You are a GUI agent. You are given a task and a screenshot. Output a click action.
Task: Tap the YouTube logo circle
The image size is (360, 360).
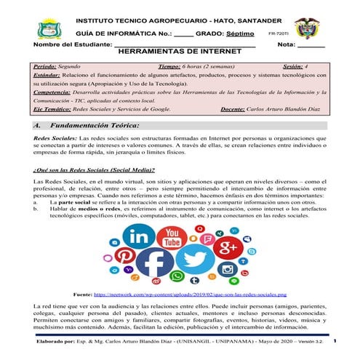coord(173,238)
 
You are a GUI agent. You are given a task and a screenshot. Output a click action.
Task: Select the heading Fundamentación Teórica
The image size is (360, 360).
coord(97,125)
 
